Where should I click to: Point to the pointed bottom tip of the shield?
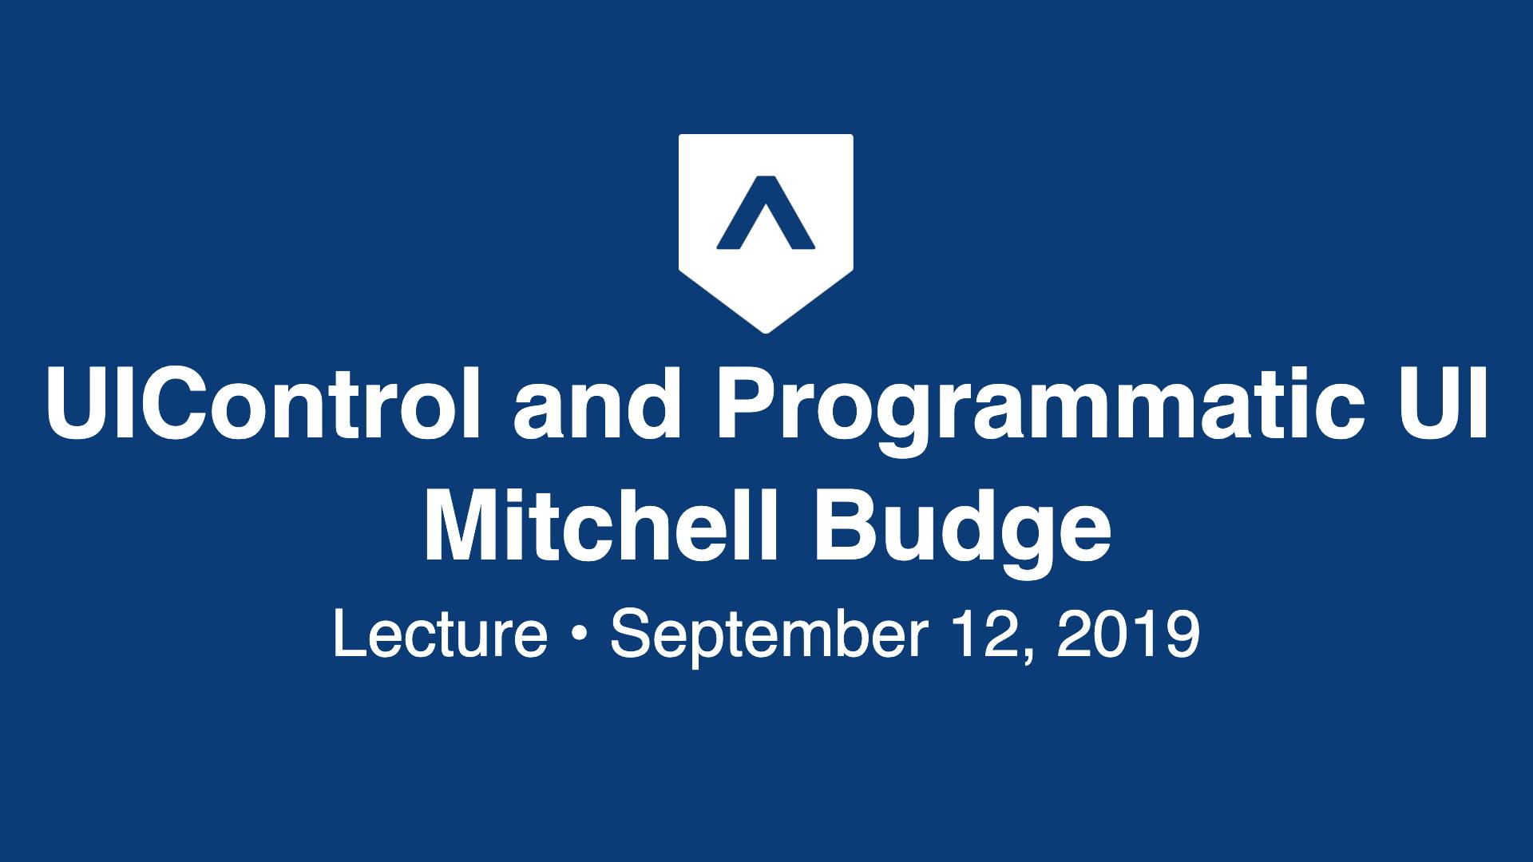766,332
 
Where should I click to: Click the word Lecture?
440,635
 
